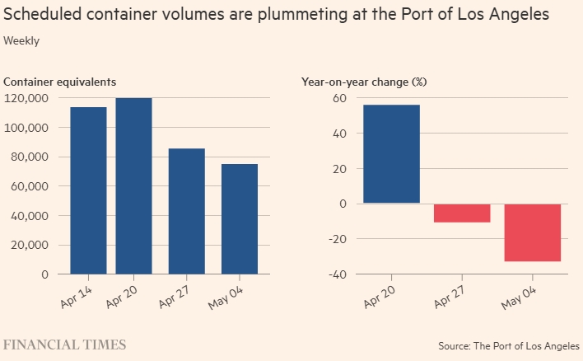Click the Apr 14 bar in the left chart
(x=88, y=190)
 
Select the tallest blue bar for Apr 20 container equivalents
(x=133, y=185)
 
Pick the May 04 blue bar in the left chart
(x=239, y=218)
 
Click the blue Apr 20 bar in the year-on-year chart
(x=391, y=154)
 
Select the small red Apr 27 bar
(x=462, y=213)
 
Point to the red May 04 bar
(x=533, y=232)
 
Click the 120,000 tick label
(x=26, y=98)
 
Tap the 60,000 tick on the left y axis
(x=29, y=186)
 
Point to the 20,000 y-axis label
(x=29, y=245)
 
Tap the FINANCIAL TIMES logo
(x=65, y=344)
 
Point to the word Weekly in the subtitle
(x=21, y=40)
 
